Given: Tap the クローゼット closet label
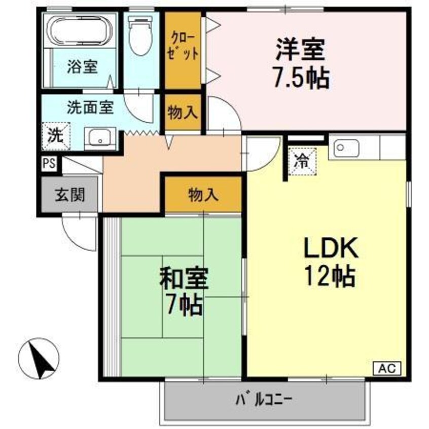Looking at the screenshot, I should point(183,46).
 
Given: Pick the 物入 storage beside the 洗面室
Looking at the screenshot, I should point(183,113).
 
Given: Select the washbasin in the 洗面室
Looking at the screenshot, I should point(101,137).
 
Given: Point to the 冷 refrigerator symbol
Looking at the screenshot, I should point(302,161).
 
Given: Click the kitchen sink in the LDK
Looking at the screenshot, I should point(346,148).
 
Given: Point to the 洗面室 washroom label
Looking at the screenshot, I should point(90,108).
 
